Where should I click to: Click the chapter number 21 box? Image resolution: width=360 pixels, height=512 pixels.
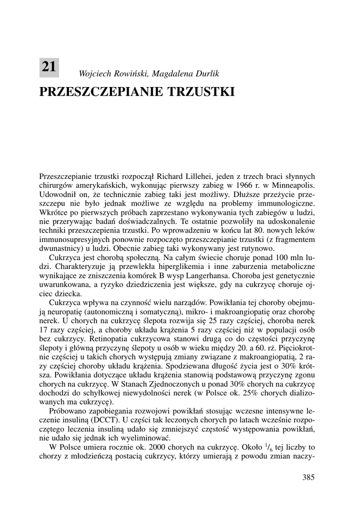point(49,67)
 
